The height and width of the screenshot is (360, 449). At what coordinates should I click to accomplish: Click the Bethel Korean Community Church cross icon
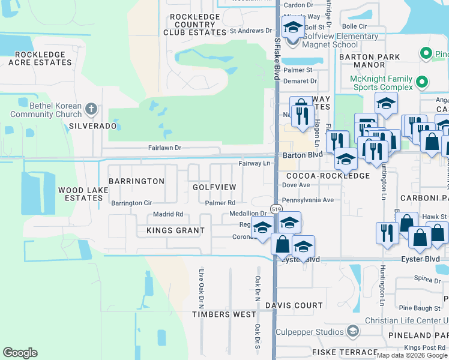pos(91,109)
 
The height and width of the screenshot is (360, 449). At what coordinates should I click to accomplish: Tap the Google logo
pos(20,353)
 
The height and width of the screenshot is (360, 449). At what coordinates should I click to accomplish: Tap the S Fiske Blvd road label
pos(277,60)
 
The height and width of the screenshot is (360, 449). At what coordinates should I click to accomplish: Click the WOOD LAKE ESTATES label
pos(83,194)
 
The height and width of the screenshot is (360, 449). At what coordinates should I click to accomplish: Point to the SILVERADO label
pos(92,126)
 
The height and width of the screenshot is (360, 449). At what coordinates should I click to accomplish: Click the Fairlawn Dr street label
pos(164,148)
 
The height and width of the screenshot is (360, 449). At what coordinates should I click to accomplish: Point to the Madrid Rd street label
pos(167,214)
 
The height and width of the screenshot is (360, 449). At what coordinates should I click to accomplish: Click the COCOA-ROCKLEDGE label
pos(328,176)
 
